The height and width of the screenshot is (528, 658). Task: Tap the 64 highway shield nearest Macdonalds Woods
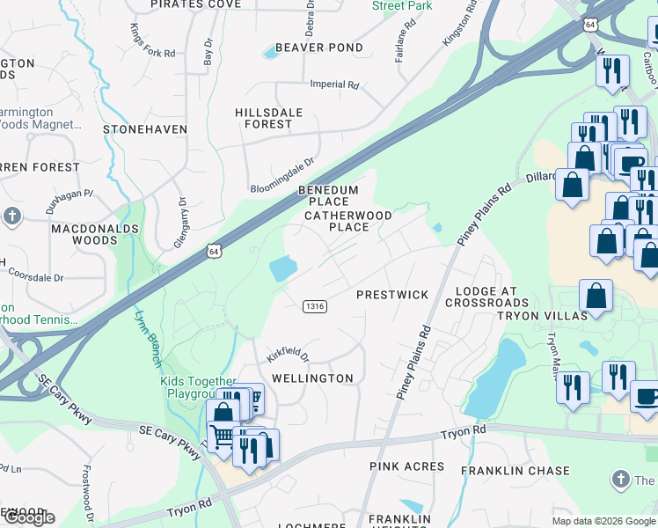(x=214, y=252)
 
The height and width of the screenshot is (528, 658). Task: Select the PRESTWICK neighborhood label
(x=392, y=295)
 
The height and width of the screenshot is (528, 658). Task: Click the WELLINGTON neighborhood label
(x=312, y=378)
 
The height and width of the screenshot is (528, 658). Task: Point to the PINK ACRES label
(x=407, y=466)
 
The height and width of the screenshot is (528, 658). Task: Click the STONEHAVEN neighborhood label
(x=145, y=129)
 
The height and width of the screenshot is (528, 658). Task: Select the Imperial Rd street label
(x=335, y=85)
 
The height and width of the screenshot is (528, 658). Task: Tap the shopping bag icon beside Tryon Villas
(x=596, y=297)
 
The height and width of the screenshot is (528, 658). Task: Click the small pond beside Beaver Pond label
(x=271, y=54)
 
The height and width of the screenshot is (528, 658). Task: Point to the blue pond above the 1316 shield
(x=285, y=268)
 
